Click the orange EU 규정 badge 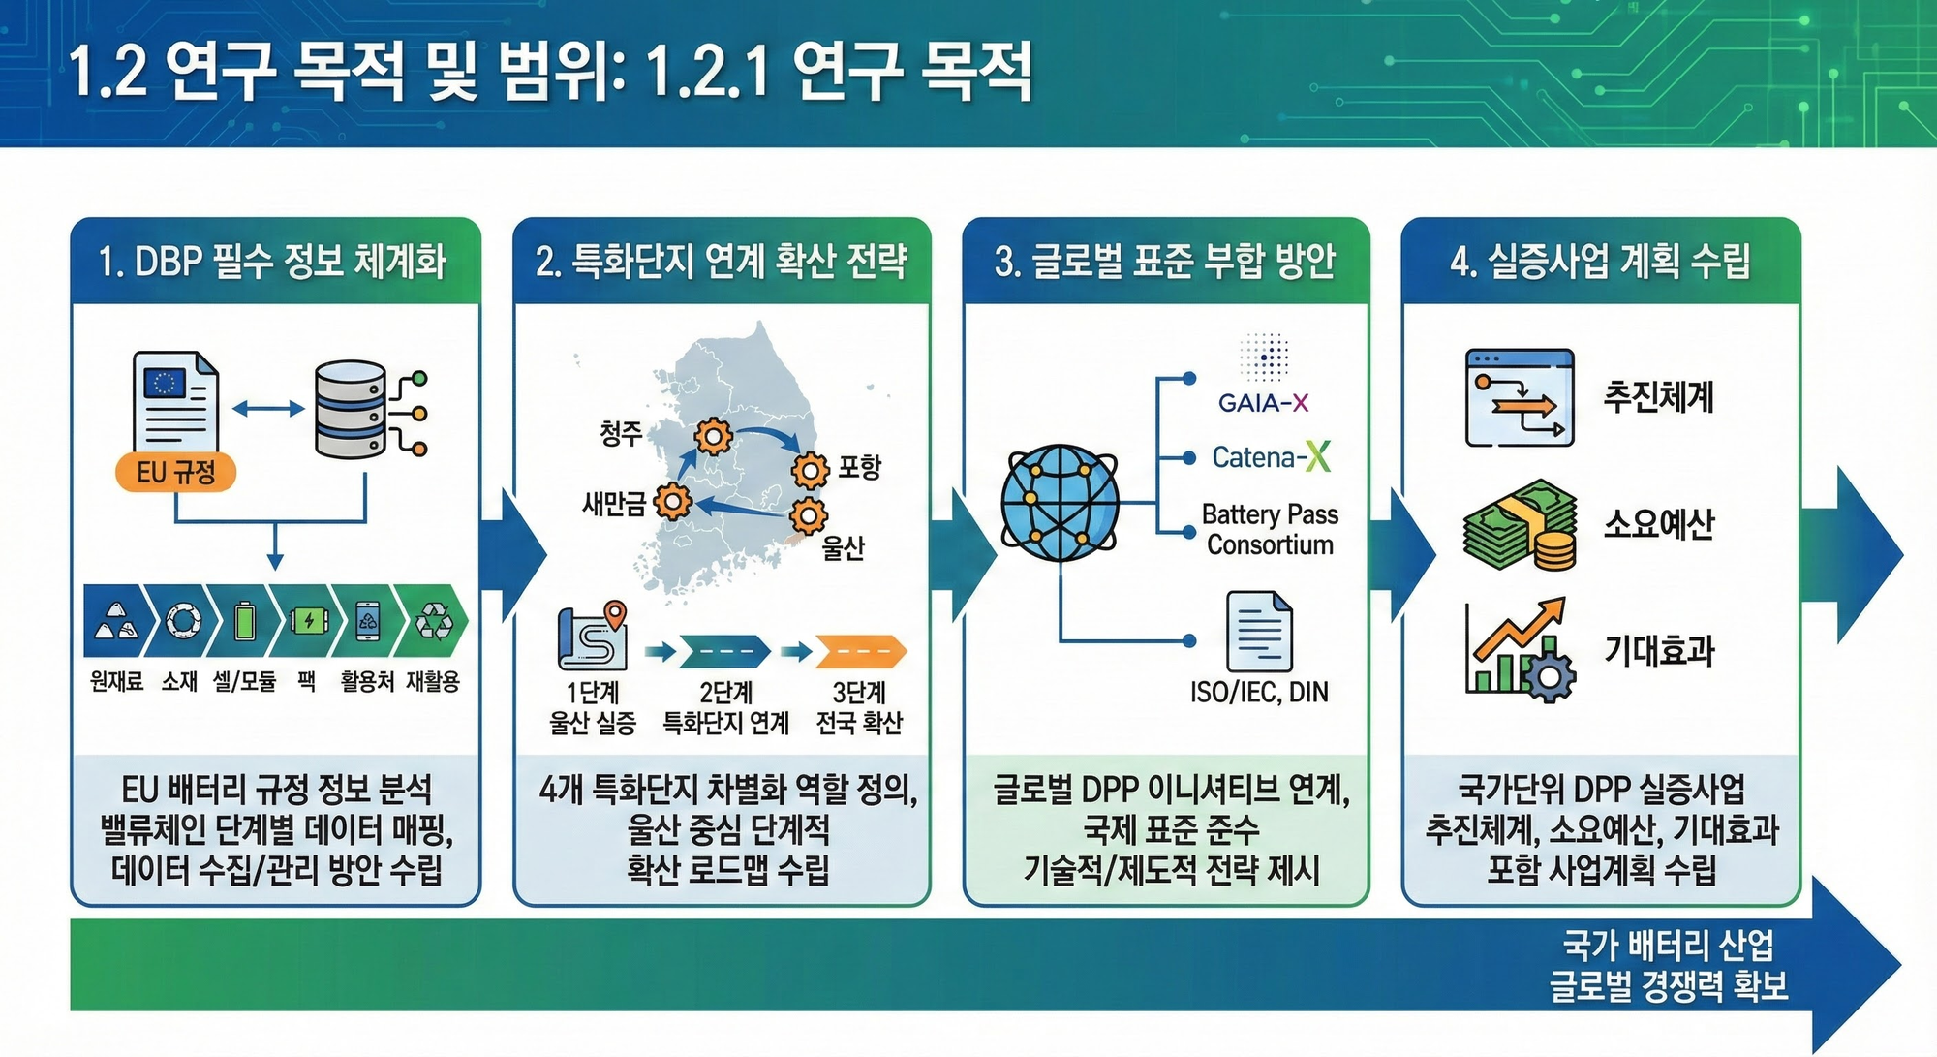175,472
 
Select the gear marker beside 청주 713,437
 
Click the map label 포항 859,467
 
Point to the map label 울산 843,548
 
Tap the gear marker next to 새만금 672,502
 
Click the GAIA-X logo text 1263,402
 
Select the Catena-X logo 1271,456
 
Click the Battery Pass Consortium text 1270,529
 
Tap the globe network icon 1060,503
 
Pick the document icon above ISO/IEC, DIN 1259,631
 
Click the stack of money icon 1518,524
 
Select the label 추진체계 1659,397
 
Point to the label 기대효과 1659,649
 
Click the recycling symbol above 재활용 433,621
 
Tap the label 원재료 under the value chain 116,682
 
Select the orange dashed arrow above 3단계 861,652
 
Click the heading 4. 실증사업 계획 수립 1600,261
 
